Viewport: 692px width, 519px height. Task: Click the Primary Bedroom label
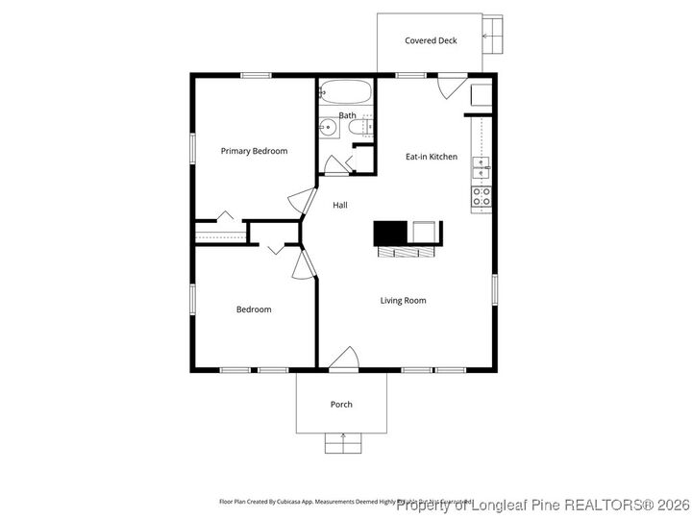[254, 151]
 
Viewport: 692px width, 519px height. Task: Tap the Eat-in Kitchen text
[431, 157]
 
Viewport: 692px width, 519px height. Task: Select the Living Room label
[403, 301]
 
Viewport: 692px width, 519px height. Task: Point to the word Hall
[340, 206]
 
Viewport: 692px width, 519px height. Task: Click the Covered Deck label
[431, 41]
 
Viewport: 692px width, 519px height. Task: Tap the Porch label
[341, 405]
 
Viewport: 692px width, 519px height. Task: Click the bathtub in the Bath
[346, 93]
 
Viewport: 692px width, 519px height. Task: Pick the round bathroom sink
[327, 126]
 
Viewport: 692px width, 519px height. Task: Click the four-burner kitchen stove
[482, 198]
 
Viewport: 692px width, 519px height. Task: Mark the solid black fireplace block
[391, 233]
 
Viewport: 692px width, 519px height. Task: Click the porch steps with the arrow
[341, 442]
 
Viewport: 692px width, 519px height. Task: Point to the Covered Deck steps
[493, 37]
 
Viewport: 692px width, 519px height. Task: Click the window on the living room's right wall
[495, 290]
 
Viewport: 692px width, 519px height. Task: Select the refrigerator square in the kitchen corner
[481, 94]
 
